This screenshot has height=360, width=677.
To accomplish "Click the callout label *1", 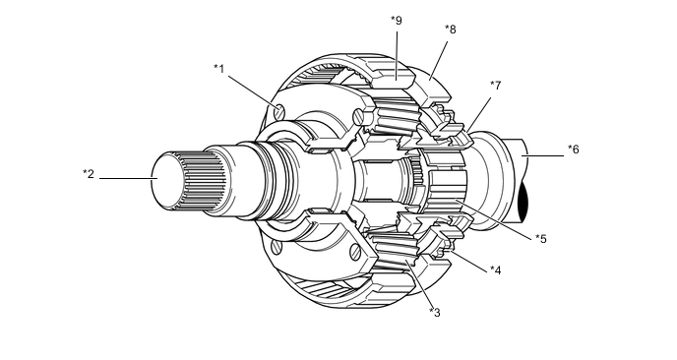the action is pyautogui.click(x=219, y=69).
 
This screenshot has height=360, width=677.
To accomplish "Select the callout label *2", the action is pyautogui.click(x=89, y=174).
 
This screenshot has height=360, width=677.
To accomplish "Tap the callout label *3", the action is pyautogui.click(x=435, y=312).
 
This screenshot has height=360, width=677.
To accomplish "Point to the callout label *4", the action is pyautogui.click(x=496, y=270).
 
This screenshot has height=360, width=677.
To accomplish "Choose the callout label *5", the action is pyautogui.click(x=541, y=238).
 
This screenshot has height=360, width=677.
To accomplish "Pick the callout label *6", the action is pyautogui.click(x=574, y=150).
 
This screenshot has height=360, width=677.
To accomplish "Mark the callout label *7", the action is pyautogui.click(x=496, y=86).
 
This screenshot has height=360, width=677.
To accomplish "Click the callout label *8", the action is pyautogui.click(x=451, y=30).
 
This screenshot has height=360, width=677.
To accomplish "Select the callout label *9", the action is pyautogui.click(x=397, y=21).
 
